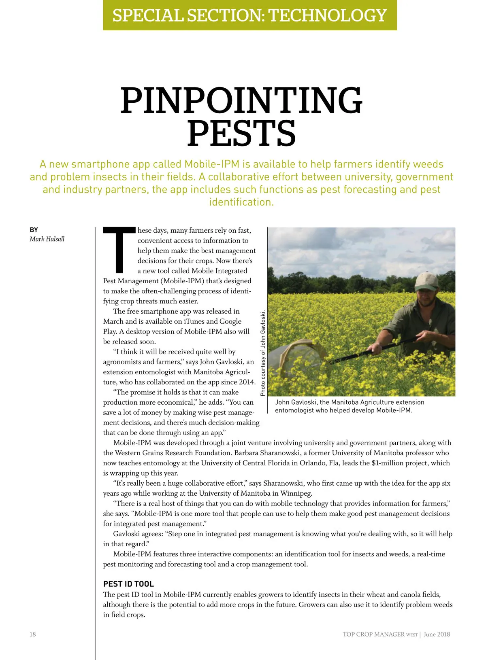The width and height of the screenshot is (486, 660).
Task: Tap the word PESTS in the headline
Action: point(241,133)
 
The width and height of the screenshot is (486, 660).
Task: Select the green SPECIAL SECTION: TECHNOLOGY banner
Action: point(249,15)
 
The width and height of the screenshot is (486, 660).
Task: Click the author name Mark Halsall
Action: point(47,239)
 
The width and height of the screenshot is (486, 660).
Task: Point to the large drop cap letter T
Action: point(119,250)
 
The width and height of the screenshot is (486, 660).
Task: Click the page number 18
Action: point(32,634)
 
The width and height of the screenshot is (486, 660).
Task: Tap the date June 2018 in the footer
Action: point(437,634)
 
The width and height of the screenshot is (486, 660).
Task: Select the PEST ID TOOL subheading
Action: point(128,584)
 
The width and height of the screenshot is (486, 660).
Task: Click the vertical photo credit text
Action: point(263,353)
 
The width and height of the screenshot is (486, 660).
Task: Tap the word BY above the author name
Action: point(34,230)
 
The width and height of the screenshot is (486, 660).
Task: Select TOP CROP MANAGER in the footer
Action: point(373,634)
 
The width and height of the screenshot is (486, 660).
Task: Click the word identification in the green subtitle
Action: point(241,202)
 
